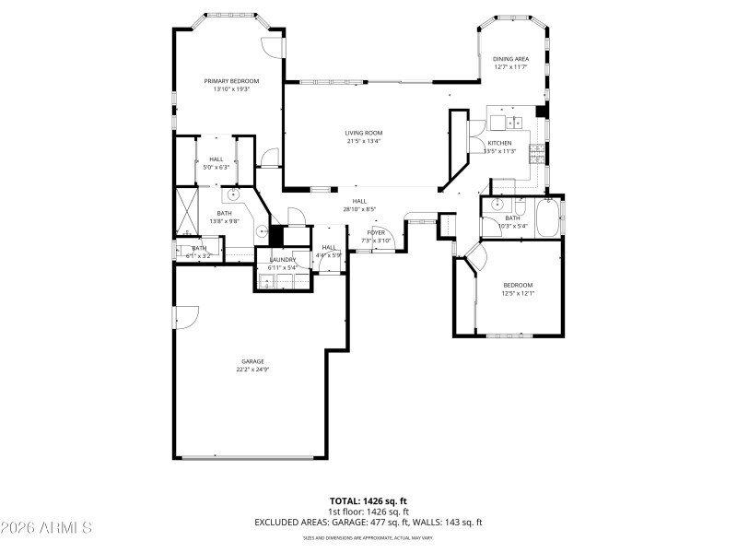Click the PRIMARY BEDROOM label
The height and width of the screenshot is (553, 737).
(x=230, y=81)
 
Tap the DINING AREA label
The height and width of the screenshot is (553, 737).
(x=510, y=59)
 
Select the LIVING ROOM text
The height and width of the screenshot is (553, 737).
(x=364, y=133)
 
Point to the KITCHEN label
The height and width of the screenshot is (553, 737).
(x=499, y=143)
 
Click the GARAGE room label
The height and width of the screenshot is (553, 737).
(x=252, y=361)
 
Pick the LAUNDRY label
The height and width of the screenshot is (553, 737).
(x=282, y=260)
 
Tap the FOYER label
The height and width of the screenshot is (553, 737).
(x=376, y=232)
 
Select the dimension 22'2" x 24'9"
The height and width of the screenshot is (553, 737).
(x=252, y=370)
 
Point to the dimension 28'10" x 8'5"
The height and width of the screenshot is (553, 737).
(x=359, y=209)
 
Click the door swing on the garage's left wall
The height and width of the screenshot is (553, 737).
(x=183, y=317)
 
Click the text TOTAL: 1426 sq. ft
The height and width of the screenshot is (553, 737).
(x=368, y=501)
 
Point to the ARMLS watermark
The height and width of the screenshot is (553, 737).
(x=46, y=528)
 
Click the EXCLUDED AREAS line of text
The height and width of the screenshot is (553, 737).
(x=368, y=523)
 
